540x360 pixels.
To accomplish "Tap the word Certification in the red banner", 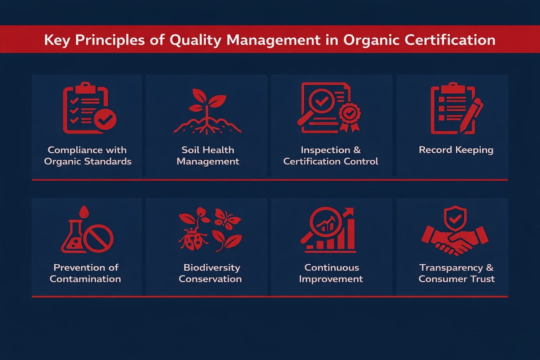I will click(x=450, y=40).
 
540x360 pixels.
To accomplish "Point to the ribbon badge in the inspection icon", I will click(x=349, y=116).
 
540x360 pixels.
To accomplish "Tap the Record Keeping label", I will click(x=456, y=150).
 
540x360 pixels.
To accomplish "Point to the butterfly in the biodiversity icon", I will click(x=227, y=217).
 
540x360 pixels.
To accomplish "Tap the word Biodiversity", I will click(x=212, y=268).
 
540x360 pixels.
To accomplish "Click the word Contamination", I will click(x=85, y=279).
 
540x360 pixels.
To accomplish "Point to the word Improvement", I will click(x=331, y=279).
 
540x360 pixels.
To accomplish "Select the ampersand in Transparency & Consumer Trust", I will click(x=489, y=268).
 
